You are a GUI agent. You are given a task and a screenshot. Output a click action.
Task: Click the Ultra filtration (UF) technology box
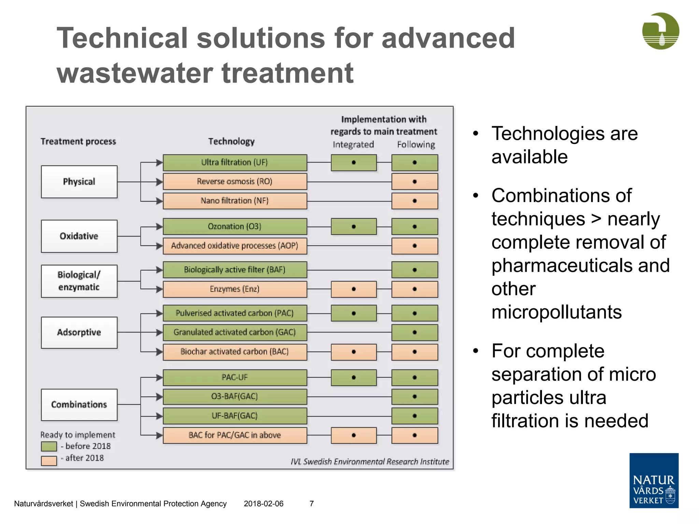(x=235, y=162)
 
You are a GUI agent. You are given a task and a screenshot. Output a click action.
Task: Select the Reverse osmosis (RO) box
(x=235, y=181)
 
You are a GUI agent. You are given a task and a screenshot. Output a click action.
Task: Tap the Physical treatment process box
(x=79, y=182)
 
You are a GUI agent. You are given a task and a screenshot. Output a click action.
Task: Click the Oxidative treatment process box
(x=79, y=236)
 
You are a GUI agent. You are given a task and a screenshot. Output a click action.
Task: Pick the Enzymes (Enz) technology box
(x=235, y=289)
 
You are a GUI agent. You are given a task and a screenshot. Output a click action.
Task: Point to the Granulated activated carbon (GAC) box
(x=235, y=332)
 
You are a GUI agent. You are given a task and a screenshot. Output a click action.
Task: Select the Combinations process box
(x=79, y=405)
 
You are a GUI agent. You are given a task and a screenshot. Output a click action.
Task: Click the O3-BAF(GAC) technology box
(x=235, y=396)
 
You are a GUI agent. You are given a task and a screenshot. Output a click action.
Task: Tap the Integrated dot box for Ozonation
(x=354, y=227)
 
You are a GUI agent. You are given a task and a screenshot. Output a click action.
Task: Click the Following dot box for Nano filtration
(x=415, y=201)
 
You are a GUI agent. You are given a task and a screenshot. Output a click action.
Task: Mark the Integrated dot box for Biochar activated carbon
(x=354, y=352)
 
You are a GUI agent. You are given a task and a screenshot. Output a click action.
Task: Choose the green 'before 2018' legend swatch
(x=49, y=446)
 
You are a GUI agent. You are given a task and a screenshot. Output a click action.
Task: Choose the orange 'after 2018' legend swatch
(x=49, y=461)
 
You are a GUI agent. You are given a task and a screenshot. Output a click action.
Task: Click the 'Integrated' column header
(x=353, y=145)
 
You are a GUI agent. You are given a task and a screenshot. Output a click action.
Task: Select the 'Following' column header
(x=416, y=145)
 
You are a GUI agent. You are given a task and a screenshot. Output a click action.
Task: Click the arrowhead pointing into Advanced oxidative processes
(x=159, y=246)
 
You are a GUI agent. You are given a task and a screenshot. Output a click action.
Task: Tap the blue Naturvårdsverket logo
(x=654, y=480)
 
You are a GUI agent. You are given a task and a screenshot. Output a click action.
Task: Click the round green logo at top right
(x=660, y=31)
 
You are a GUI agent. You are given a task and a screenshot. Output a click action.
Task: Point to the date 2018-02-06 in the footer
(x=263, y=504)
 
